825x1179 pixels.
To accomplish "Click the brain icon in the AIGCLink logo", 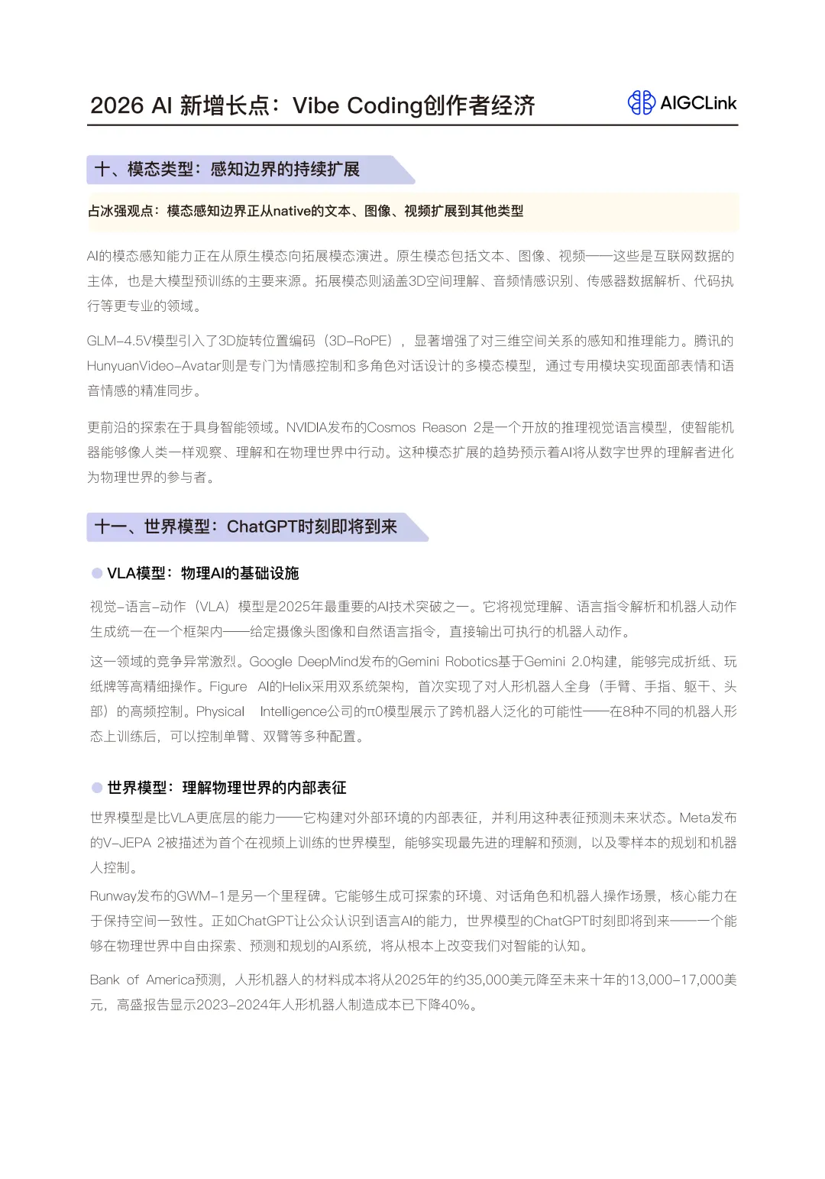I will click(x=641, y=102).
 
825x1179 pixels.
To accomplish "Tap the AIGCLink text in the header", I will click(x=698, y=103).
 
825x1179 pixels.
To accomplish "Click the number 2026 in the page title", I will click(x=117, y=105).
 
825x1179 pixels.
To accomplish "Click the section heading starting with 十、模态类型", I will click(x=227, y=169).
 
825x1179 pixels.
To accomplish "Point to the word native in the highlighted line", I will click(x=292, y=211).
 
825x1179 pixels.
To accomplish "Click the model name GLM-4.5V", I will click(x=118, y=341).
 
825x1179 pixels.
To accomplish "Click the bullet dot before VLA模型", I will click(x=97, y=573).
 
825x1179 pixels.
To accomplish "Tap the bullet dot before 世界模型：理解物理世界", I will click(x=97, y=787).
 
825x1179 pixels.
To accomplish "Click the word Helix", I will click(x=297, y=687).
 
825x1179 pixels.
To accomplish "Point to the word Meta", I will click(x=694, y=818).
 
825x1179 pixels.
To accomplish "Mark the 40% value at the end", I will click(x=454, y=1005).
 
